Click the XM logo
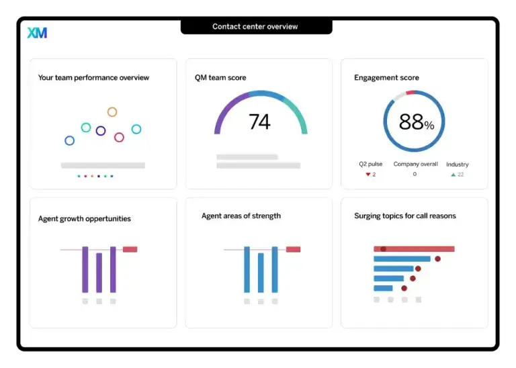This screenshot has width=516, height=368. pos(37,32)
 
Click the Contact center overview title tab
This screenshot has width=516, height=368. pos(255,27)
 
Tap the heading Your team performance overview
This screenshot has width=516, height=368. pos(93,78)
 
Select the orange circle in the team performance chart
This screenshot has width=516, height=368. pos(112,112)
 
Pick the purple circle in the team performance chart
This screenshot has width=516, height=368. pos(101,131)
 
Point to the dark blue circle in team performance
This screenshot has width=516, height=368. pos(69,140)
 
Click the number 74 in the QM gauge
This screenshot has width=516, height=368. pos(259,122)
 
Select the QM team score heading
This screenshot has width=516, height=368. pos(220,78)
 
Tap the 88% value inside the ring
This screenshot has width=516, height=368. pos(417,122)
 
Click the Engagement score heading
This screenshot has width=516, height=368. pos(386,78)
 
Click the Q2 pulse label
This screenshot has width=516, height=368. pos(370,165)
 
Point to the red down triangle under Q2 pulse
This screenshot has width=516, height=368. pos(368,175)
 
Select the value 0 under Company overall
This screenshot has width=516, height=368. pos(415,175)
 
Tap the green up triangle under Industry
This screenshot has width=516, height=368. pos(453,175)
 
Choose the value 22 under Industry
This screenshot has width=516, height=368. pos(461,175)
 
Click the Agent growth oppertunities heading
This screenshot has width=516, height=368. pos(85,219)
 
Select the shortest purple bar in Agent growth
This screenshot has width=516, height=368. pos(99,273)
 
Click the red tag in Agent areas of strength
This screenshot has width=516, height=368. pos(293,249)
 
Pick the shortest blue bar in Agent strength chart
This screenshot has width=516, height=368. pos(261,273)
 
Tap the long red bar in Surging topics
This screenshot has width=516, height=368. pos(414,249)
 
